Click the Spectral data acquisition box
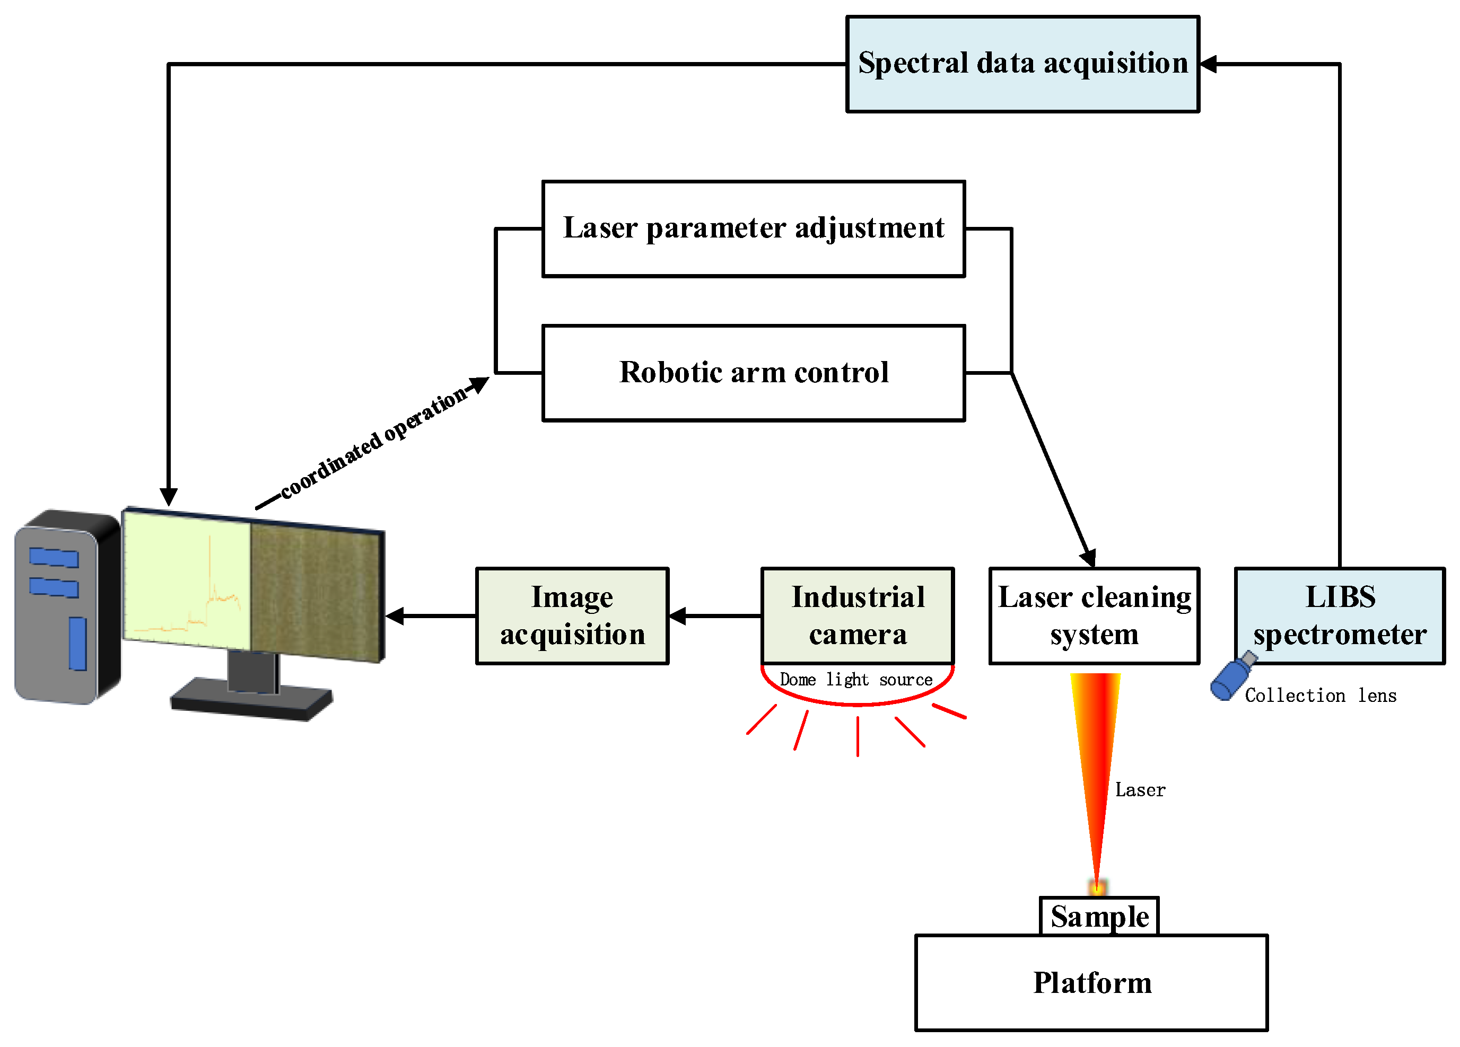pyautogui.click(x=1022, y=64)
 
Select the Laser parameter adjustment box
pyautogui.click(x=754, y=229)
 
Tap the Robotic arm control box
pyautogui.click(x=754, y=373)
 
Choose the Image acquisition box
pyautogui.click(x=572, y=616)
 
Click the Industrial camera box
pyautogui.click(x=858, y=616)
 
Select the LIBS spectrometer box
pyautogui.click(x=1340, y=616)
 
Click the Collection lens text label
pyautogui.click(x=1321, y=696)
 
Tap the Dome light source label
pyautogui.click(x=856, y=680)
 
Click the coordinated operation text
pyautogui.click(x=374, y=442)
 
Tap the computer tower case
pyautogui.click(x=67, y=607)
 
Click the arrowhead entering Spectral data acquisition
pyautogui.click(x=1208, y=64)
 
